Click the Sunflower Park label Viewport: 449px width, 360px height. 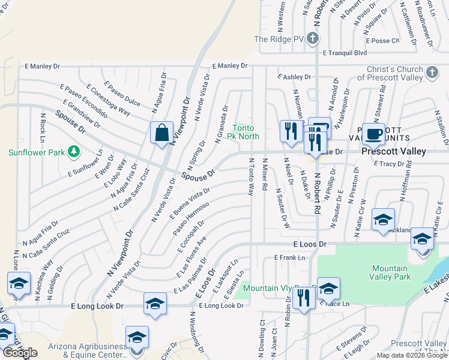pos(36,152)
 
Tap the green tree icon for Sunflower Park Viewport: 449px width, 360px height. pos(74,151)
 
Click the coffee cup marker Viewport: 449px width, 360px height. pos(373,134)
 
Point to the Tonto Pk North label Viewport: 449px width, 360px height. pos(246,132)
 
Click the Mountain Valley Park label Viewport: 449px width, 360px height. pos(391,272)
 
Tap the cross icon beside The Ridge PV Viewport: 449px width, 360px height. pos(312,40)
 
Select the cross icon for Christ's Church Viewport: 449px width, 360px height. pos(432,73)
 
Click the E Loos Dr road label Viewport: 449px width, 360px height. pos(310,245)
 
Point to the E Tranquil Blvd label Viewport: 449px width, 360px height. pos(345,53)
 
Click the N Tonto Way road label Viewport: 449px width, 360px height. pos(252,176)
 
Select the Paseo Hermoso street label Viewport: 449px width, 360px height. pos(191,218)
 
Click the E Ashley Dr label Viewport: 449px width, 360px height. pos(294,77)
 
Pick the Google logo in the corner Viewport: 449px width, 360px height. pos(20,353)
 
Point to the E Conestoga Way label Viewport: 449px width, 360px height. pos(109,100)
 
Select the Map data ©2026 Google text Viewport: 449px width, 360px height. pos(412,355)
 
